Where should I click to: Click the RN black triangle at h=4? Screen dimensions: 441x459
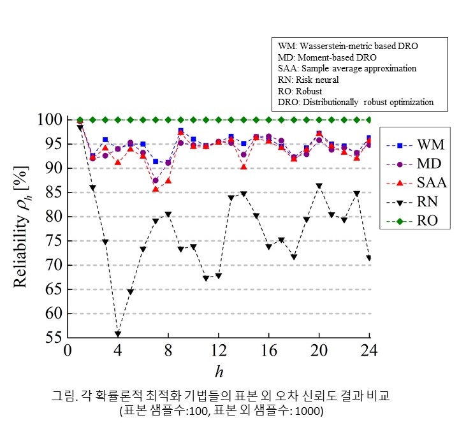[x=118, y=335]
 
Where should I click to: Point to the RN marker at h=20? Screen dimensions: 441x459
[x=319, y=186]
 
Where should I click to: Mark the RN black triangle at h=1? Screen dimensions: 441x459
[x=80, y=127]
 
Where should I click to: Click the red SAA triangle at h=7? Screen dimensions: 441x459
[x=156, y=189]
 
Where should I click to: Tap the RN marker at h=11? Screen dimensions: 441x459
[x=206, y=278]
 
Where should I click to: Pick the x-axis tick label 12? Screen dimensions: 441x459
[x=219, y=351]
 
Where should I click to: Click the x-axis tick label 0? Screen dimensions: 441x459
[x=68, y=351]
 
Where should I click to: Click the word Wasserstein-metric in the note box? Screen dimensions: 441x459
[x=339, y=47]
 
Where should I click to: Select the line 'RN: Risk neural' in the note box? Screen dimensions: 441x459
[x=309, y=80]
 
